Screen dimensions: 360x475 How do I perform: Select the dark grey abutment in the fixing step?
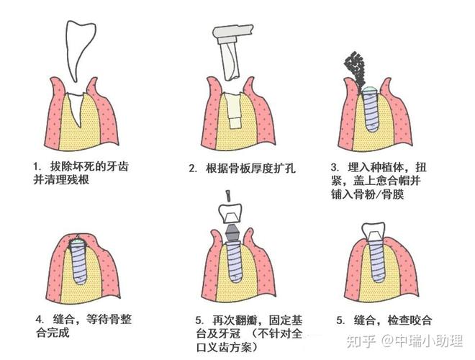click(230, 235)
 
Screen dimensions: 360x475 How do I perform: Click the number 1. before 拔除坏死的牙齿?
click(37, 164)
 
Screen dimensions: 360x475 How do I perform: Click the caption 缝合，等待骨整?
click(97, 319)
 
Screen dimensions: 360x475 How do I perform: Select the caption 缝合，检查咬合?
click(396, 320)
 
